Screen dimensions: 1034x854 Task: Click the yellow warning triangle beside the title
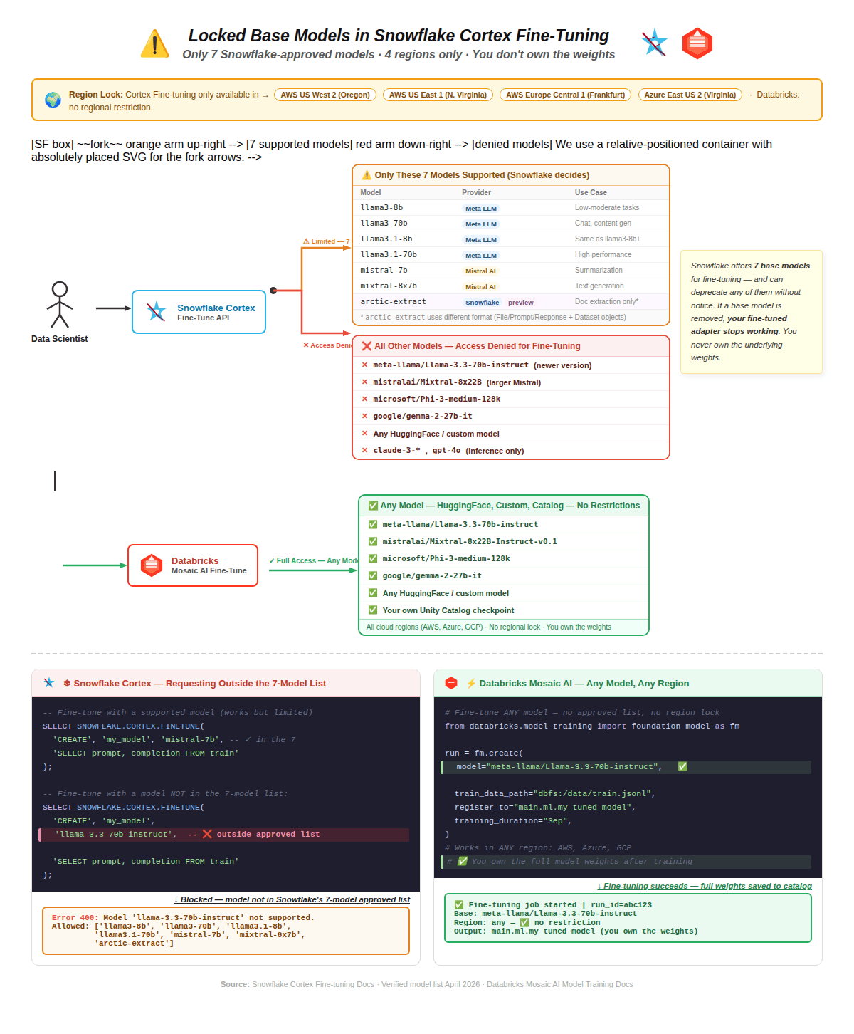coord(154,44)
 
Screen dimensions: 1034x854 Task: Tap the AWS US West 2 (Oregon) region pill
coord(325,95)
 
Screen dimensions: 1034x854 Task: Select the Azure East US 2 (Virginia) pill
coord(690,95)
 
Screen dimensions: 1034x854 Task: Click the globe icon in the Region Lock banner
coord(53,100)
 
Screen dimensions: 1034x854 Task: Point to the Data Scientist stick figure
coord(60,305)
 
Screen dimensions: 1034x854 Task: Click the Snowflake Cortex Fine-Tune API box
coord(199,312)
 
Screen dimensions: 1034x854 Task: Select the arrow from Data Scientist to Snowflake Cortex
coord(113,308)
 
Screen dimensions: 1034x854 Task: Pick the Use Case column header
coord(591,193)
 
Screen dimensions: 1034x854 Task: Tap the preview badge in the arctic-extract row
coord(520,303)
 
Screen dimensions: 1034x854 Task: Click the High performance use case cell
coord(603,255)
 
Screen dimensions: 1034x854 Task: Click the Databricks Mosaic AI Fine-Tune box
coord(193,565)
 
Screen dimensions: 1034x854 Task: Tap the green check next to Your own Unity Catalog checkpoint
coord(372,610)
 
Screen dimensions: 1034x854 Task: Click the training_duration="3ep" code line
coord(512,821)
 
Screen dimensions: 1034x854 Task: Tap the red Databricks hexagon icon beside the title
coord(697,43)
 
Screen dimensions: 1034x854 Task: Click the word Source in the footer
coord(234,985)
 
